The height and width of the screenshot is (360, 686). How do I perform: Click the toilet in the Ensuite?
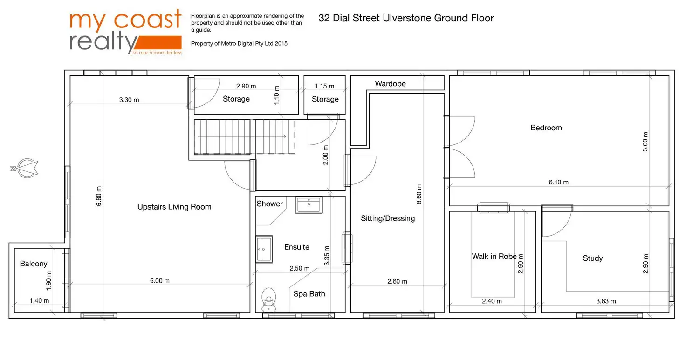[x=269, y=299]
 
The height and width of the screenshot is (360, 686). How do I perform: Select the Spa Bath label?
[x=309, y=294]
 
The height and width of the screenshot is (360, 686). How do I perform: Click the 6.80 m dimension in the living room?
[x=98, y=196]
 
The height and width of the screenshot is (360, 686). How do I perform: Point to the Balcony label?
[x=34, y=264]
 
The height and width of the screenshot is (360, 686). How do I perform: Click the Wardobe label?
[x=390, y=84]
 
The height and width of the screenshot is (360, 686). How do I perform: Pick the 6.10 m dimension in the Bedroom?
[x=558, y=182]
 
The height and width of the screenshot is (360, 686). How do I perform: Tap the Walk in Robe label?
[x=494, y=256]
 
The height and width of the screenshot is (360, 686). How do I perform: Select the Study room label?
[x=593, y=258]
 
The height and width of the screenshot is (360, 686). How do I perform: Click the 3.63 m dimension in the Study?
[x=606, y=301]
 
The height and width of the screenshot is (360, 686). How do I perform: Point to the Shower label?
[x=270, y=204]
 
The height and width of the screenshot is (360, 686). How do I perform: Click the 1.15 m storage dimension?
[x=324, y=86]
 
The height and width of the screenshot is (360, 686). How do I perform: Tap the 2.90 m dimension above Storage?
[x=246, y=86]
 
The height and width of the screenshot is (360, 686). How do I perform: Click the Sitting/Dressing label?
[x=388, y=218]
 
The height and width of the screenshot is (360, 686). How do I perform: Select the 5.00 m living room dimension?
[x=160, y=281]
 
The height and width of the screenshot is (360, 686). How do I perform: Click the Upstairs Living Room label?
[x=174, y=207]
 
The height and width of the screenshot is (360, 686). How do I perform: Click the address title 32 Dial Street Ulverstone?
[x=406, y=18]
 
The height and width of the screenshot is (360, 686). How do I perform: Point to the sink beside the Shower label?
[x=308, y=205]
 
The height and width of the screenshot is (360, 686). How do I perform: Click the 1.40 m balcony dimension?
[x=39, y=300]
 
